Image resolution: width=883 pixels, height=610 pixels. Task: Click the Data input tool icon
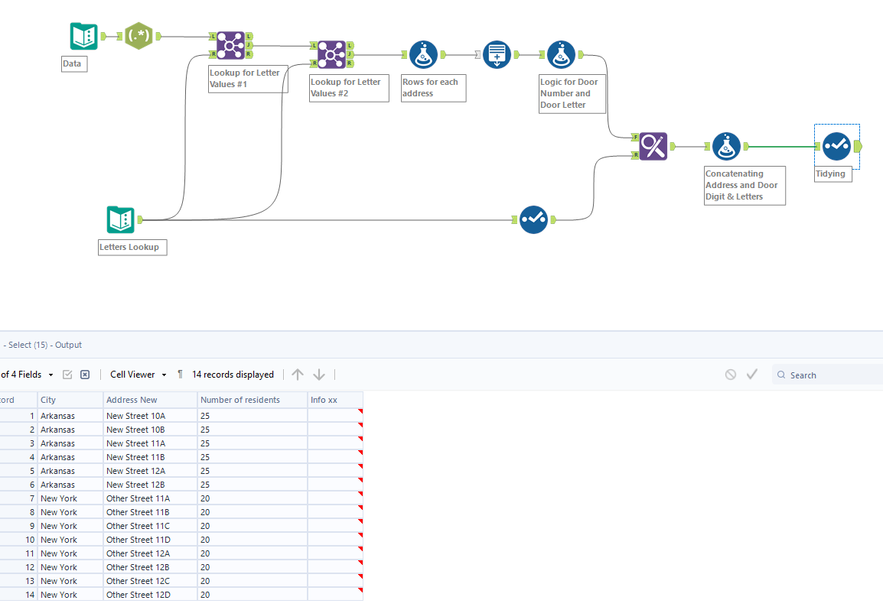click(83, 36)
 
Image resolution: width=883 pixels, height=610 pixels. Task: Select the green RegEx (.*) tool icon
click(138, 36)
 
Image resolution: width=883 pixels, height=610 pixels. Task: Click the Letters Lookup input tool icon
click(120, 220)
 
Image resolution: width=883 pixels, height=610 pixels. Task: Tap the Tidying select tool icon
click(836, 146)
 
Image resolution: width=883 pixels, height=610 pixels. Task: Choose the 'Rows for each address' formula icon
click(423, 55)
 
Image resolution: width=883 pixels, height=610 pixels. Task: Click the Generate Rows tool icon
click(497, 55)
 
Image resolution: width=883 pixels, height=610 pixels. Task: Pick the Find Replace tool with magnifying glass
click(653, 146)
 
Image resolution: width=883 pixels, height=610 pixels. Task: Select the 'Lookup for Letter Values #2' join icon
click(331, 54)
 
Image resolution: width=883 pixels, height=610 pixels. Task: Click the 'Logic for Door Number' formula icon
click(561, 55)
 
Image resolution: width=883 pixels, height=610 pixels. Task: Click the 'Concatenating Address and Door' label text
click(741, 185)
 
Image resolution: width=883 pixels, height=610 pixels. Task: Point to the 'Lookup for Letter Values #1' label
click(245, 78)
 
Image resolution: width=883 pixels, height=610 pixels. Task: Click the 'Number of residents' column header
click(239, 400)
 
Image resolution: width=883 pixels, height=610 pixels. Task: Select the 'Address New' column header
click(132, 400)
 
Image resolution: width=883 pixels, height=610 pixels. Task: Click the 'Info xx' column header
click(324, 400)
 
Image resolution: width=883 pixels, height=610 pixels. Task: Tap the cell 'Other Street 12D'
click(138, 595)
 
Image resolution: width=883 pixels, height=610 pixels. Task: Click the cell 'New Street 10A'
click(135, 416)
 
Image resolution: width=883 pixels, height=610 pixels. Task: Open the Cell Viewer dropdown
click(138, 375)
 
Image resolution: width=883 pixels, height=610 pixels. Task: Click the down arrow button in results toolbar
click(319, 375)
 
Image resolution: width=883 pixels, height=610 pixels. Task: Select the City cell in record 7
click(59, 498)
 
